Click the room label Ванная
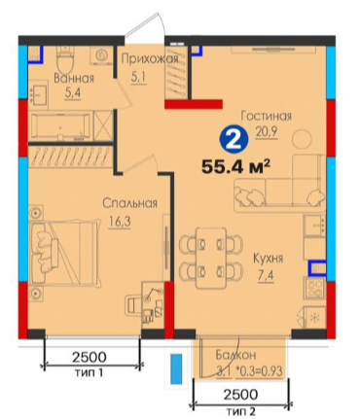click(74, 79)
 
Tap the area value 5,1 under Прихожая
click(139, 78)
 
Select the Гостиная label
click(267, 116)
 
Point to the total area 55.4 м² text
click(235, 167)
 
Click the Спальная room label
click(129, 203)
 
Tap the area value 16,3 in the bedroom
click(121, 223)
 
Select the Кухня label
click(268, 259)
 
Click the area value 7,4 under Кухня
click(266, 277)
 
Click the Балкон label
click(235, 355)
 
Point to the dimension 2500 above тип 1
click(90, 357)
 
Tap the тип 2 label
click(242, 412)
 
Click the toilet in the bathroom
click(65, 59)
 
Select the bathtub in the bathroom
click(60, 126)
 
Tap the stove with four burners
click(314, 289)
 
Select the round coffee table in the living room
click(302, 139)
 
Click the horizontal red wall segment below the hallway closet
click(194, 104)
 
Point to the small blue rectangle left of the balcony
click(176, 368)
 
